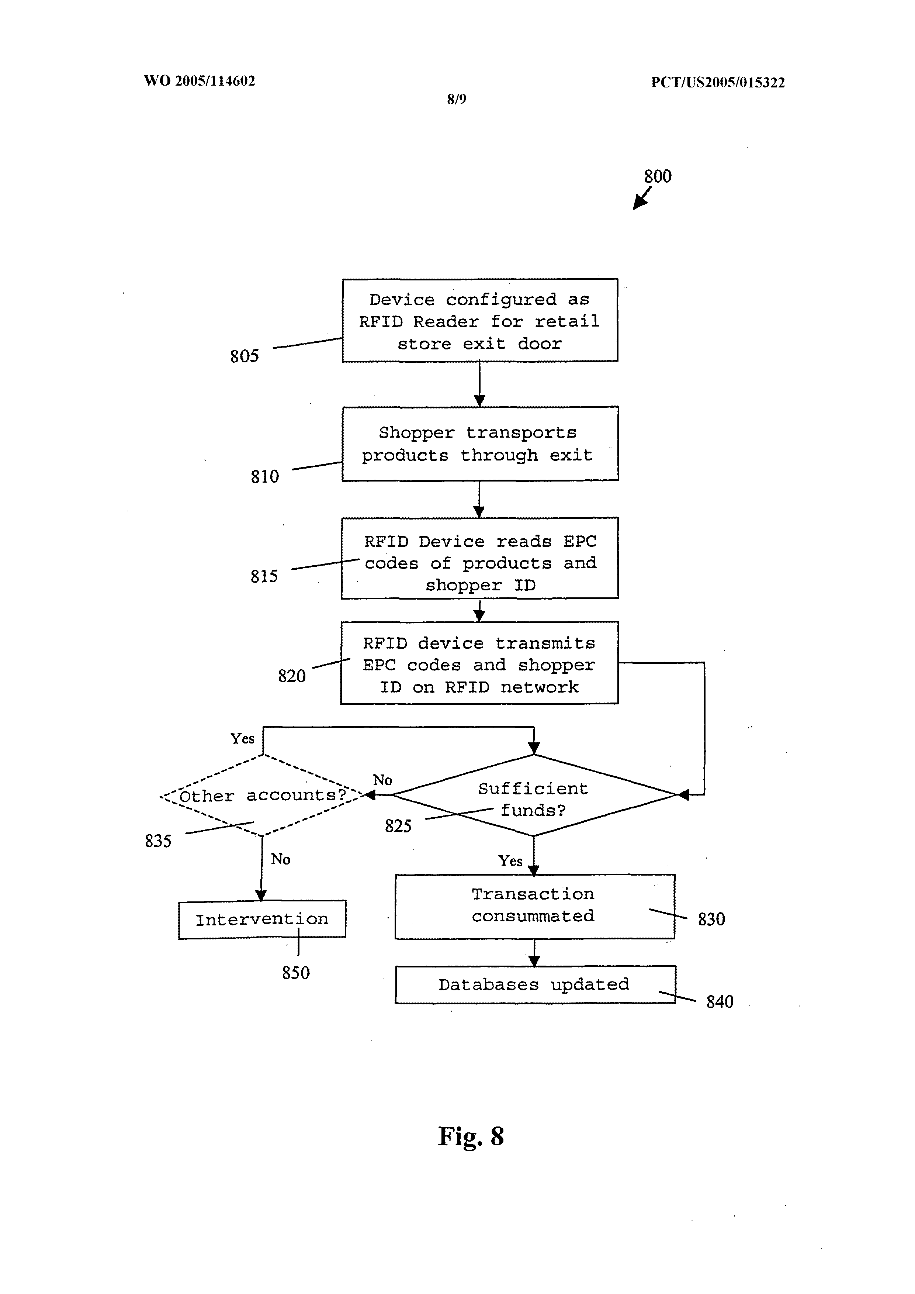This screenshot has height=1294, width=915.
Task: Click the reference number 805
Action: coord(245,356)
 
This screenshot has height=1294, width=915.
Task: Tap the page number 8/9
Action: coord(456,99)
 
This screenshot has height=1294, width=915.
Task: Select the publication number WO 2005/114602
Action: coord(200,80)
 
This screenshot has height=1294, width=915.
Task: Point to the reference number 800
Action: coord(658,176)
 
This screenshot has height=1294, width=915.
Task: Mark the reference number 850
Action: coord(296,973)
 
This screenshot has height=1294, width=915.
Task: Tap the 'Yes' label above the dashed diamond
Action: coord(242,738)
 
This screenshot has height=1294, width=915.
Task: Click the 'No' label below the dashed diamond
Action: coord(281,859)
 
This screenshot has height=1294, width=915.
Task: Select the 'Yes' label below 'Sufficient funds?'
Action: coord(510,860)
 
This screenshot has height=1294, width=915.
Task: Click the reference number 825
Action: coord(398,826)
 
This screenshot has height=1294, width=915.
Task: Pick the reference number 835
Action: coord(158,841)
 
